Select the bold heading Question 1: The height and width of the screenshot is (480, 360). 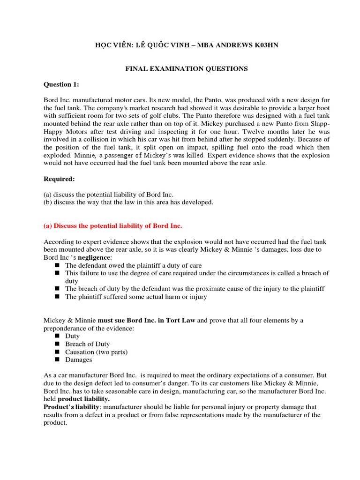(61, 84)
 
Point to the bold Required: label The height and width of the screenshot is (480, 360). (60, 179)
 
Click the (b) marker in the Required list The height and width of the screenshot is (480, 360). (48, 202)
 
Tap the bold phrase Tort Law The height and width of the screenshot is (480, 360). (181, 320)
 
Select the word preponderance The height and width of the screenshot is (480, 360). (66, 328)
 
